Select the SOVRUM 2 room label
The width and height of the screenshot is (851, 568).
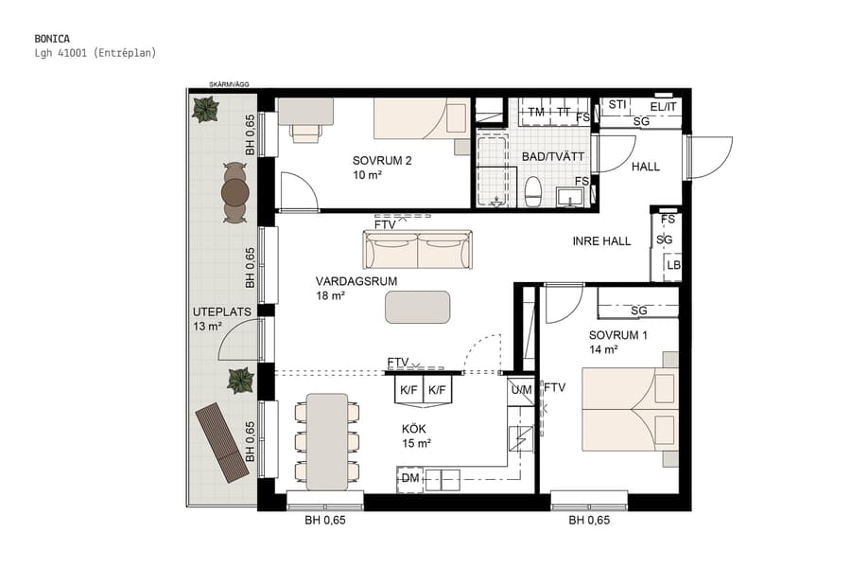pyautogui.click(x=382, y=160)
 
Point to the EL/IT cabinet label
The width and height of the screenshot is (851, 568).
pyautogui.click(x=656, y=105)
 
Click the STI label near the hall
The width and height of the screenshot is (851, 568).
pyautogui.click(x=617, y=104)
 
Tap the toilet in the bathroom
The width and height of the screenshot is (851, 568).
pyautogui.click(x=532, y=190)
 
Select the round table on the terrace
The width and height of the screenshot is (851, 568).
pyautogui.click(x=234, y=193)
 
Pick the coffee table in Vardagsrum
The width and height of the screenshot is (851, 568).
pyautogui.click(x=417, y=307)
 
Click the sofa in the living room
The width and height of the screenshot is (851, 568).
pyautogui.click(x=417, y=250)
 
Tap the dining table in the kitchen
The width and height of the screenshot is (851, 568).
pyautogui.click(x=327, y=440)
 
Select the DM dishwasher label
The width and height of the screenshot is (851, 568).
pyautogui.click(x=409, y=480)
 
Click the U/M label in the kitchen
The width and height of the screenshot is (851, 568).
pyautogui.click(x=521, y=388)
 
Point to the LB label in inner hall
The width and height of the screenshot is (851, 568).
pyautogui.click(x=673, y=266)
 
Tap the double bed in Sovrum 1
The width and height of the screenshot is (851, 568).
pyautogui.click(x=629, y=409)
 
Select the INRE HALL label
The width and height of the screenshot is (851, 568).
pyautogui.click(x=601, y=241)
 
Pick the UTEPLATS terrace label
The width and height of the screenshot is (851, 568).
pyautogui.click(x=215, y=311)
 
